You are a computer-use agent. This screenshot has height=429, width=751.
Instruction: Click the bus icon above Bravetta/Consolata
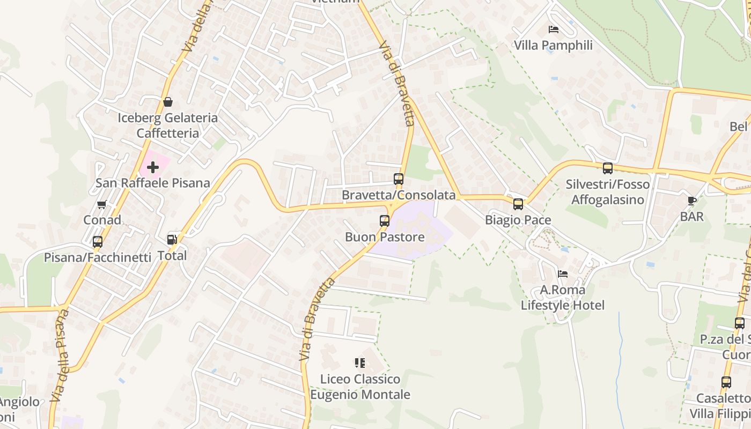coord(398,179)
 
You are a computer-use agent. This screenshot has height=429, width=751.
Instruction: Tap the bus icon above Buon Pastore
coord(384,220)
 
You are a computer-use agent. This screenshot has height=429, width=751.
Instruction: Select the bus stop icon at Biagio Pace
coord(518,204)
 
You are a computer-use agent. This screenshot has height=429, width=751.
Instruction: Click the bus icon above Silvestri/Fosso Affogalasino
coord(607,168)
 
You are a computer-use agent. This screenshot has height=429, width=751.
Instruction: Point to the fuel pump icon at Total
coord(172,239)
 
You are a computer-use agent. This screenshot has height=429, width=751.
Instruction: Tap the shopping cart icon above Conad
coord(101,204)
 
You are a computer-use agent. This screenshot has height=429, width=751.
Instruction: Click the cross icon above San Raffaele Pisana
coord(153,167)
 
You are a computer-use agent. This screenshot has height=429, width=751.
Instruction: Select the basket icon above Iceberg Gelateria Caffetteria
coord(168,102)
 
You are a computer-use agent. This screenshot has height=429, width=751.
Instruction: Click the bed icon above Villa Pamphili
coord(553,29)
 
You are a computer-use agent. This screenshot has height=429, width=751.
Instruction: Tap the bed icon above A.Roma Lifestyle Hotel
coord(562,274)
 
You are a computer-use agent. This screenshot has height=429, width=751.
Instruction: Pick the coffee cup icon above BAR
coord(692,201)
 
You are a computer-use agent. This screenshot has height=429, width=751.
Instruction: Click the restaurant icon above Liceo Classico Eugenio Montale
coord(359,363)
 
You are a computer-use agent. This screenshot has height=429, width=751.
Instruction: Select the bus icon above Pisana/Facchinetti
coord(97,241)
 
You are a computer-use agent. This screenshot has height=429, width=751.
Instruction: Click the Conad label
coord(102,220)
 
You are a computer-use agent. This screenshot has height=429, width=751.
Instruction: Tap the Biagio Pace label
coord(518,220)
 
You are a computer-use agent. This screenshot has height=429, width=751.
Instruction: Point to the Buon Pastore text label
coord(385,237)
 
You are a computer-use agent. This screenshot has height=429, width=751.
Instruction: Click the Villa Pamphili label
coord(553,46)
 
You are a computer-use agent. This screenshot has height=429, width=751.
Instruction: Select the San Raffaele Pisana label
coord(153,183)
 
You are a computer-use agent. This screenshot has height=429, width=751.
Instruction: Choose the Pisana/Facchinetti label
coord(98,257)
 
